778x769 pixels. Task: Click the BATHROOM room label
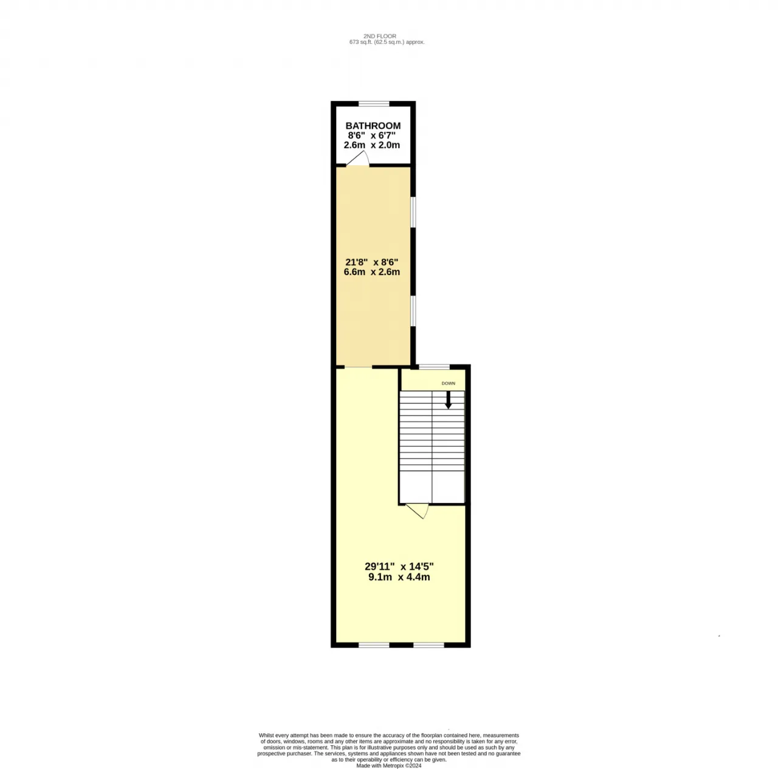coord(373,126)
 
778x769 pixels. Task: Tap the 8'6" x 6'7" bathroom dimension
coord(372,135)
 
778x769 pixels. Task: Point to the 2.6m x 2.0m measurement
coord(372,145)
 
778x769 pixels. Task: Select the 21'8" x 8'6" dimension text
coord(372,262)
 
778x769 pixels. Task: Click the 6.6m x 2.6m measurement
coord(372,272)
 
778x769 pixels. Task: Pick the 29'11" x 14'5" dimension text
coord(399,567)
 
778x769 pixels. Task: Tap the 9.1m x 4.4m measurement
coord(399,577)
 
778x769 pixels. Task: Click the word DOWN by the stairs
coord(448,383)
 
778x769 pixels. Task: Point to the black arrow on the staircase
coord(448,400)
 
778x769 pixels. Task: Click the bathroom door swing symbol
coord(358,159)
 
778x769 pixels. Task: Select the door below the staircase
coord(418,510)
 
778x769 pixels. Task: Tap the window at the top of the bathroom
coord(374,104)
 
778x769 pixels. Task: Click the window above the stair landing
coord(434,366)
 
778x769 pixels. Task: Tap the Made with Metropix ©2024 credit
coord(389,765)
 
